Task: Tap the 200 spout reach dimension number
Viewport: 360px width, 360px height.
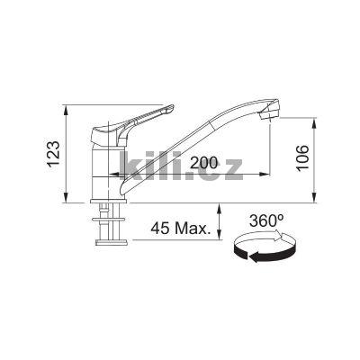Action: (206, 162)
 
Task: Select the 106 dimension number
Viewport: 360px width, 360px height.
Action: (301, 158)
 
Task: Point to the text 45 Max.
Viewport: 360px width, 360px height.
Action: (181, 229)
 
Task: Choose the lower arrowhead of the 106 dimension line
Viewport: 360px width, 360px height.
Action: (314, 198)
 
